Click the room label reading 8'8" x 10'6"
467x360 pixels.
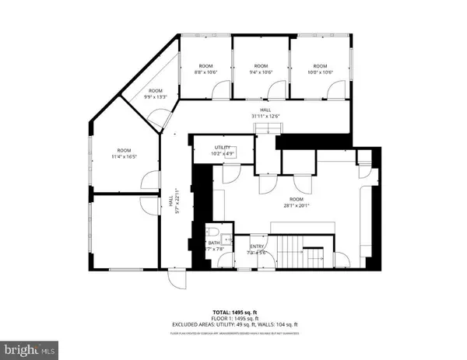(205, 69)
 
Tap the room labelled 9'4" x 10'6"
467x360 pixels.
(261, 69)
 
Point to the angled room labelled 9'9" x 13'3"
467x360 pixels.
(156, 94)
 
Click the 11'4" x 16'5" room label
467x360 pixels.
(125, 154)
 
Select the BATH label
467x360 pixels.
(214, 246)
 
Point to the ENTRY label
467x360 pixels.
(257, 250)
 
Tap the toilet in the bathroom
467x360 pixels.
(213, 232)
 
